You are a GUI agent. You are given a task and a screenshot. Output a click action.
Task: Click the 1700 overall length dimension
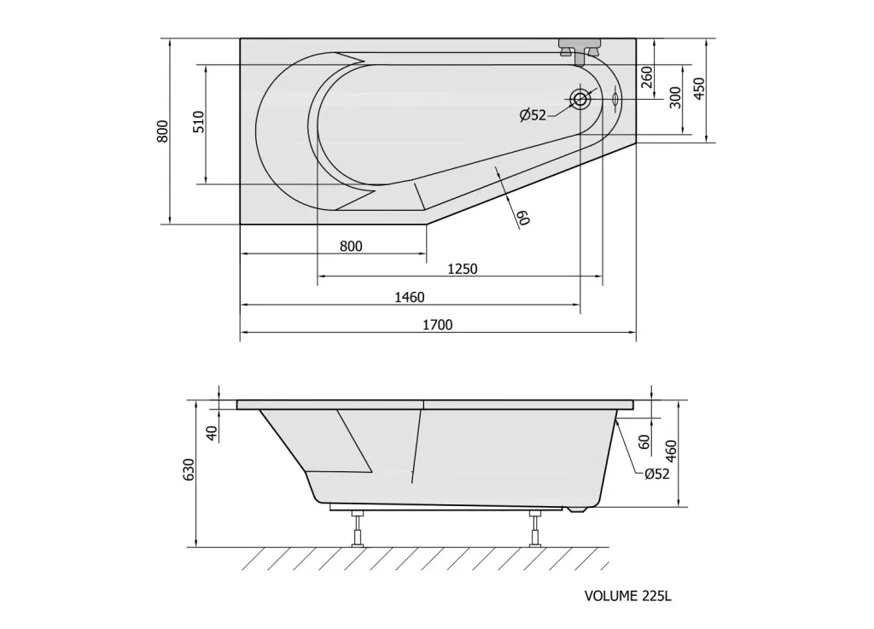pos(438,325)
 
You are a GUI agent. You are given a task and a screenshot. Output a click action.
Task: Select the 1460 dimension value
pos(410,298)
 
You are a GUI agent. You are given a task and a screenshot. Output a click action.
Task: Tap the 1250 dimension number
pos(463,269)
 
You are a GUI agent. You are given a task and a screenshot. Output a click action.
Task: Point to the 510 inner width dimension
pos(199,122)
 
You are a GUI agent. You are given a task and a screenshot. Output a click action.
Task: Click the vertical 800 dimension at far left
pos(162,131)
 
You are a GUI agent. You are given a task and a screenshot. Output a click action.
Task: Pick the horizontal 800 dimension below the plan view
pos(351,246)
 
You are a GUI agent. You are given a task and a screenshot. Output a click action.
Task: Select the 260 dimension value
pos(647,77)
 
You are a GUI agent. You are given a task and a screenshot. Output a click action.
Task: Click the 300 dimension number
pos(675,97)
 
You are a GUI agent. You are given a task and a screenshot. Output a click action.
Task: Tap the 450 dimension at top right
pos(699,89)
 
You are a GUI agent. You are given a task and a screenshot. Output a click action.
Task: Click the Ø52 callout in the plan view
pos(533,115)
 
